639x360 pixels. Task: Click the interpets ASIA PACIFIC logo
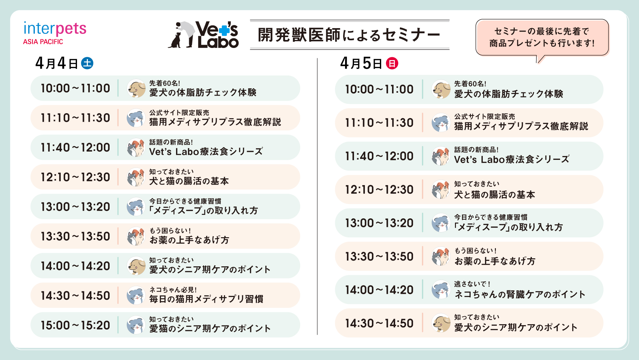pyautogui.click(x=55, y=33)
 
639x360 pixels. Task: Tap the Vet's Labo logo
pyautogui.click(x=203, y=35)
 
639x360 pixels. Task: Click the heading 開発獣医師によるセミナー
pyautogui.click(x=349, y=35)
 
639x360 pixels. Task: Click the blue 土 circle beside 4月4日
pyautogui.click(x=87, y=63)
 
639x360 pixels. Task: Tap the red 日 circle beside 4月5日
pyautogui.click(x=392, y=63)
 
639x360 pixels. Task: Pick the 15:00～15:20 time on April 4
pyautogui.click(x=75, y=325)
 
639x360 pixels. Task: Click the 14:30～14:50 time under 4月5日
pyautogui.click(x=379, y=323)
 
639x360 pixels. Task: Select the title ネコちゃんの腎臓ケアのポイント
pyautogui.click(x=520, y=294)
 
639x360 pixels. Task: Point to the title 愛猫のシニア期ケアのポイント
pyautogui.click(x=210, y=328)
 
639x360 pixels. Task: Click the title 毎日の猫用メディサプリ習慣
pyautogui.click(x=206, y=299)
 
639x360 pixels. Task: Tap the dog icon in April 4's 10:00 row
pyautogui.click(x=136, y=88)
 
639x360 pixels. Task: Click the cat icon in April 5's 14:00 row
pyautogui.click(x=441, y=290)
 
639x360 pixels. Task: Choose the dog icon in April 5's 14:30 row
pyautogui.click(x=441, y=323)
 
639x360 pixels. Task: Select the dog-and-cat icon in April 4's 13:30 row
pyautogui.click(x=136, y=236)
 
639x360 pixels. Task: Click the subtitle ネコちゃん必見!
pyautogui.click(x=173, y=290)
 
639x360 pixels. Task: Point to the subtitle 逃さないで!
pyautogui.click(x=472, y=284)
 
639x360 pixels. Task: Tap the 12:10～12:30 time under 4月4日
pyautogui.click(x=75, y=177)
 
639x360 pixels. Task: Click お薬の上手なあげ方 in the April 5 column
pyautogui.click(x=495, y=261)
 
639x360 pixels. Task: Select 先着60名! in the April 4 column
pyautogui.click(x=165, y=83)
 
